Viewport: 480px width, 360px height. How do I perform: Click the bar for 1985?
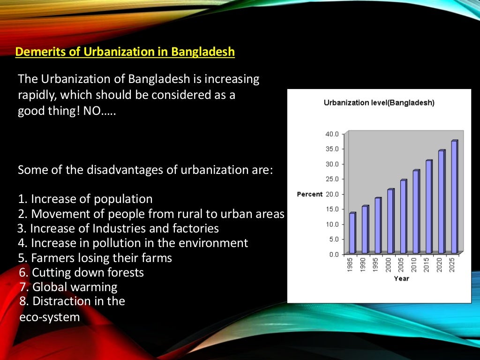352,233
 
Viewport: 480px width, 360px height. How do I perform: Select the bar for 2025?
454,197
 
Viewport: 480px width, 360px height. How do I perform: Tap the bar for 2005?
403,217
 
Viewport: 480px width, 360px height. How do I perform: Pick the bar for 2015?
428,207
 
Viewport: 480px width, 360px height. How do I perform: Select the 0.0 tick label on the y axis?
333,255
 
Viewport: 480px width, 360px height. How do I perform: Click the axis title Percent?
309,194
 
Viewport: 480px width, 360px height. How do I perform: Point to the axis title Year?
401,278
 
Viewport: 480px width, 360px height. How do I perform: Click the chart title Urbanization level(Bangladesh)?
379,103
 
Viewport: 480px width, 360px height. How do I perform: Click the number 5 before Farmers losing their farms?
21,258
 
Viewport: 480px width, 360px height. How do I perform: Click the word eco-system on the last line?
50,317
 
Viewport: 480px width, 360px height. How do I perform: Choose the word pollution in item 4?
118,243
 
